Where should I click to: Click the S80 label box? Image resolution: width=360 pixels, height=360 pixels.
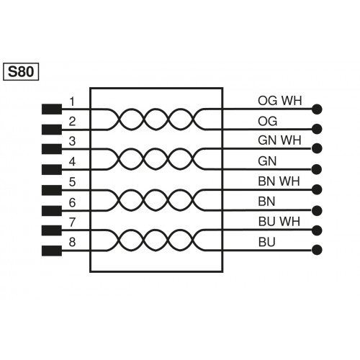(22, 71)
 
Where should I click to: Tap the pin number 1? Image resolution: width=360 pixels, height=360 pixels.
(72, 101)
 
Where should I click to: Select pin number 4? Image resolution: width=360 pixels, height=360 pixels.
(72, 161)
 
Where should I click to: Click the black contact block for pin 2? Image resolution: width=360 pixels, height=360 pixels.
(51, 130)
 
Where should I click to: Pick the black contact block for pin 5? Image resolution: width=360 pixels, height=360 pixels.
(51, 190)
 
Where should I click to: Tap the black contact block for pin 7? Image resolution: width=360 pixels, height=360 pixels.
(51, 230)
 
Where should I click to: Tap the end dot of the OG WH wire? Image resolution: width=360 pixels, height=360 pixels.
(316, 109)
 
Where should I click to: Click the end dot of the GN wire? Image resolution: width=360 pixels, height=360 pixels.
(316, 170)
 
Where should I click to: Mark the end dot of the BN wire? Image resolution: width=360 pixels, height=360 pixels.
(316, 210)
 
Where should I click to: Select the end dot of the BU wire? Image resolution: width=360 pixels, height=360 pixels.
(316, 251)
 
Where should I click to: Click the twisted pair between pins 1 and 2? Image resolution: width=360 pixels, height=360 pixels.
(156, 120)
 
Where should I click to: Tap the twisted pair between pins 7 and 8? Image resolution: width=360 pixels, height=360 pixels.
(156, 240)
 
